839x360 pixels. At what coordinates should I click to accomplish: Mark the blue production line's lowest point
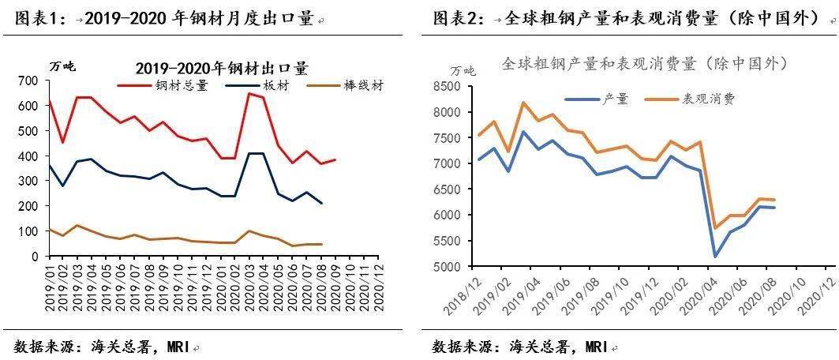pyautogui.click(x=715, y=257)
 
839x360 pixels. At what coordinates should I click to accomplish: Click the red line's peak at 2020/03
pyautogui.click(x=249, y=93)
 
